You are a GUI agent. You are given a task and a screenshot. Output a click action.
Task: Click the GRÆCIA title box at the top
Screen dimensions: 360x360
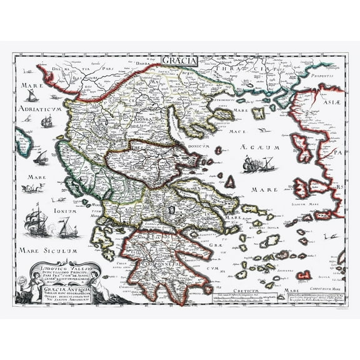coord(179,61)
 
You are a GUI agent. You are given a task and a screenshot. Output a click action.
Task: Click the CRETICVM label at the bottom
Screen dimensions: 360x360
coord(252,290)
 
